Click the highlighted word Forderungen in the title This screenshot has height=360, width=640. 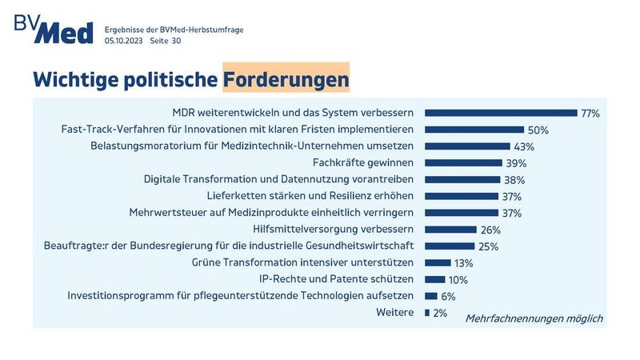[286, 79]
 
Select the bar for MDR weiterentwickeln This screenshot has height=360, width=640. [501, 113]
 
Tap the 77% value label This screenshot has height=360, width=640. [590, 114]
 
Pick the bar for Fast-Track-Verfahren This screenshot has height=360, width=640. [474, 130]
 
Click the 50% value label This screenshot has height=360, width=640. [537, 130]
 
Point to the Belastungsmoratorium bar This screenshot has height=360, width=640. [467, 146]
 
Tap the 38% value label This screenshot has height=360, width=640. [514, 180]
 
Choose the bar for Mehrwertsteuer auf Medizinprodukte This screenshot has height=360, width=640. [462, 213]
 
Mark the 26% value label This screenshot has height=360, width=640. [490, 230]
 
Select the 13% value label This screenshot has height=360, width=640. [464, 262]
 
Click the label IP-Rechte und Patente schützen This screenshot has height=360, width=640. [336, 279]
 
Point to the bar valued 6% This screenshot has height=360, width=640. [430, 296]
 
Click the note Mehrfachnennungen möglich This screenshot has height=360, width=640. [534, 318]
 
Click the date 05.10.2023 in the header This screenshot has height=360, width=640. [124, 40]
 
